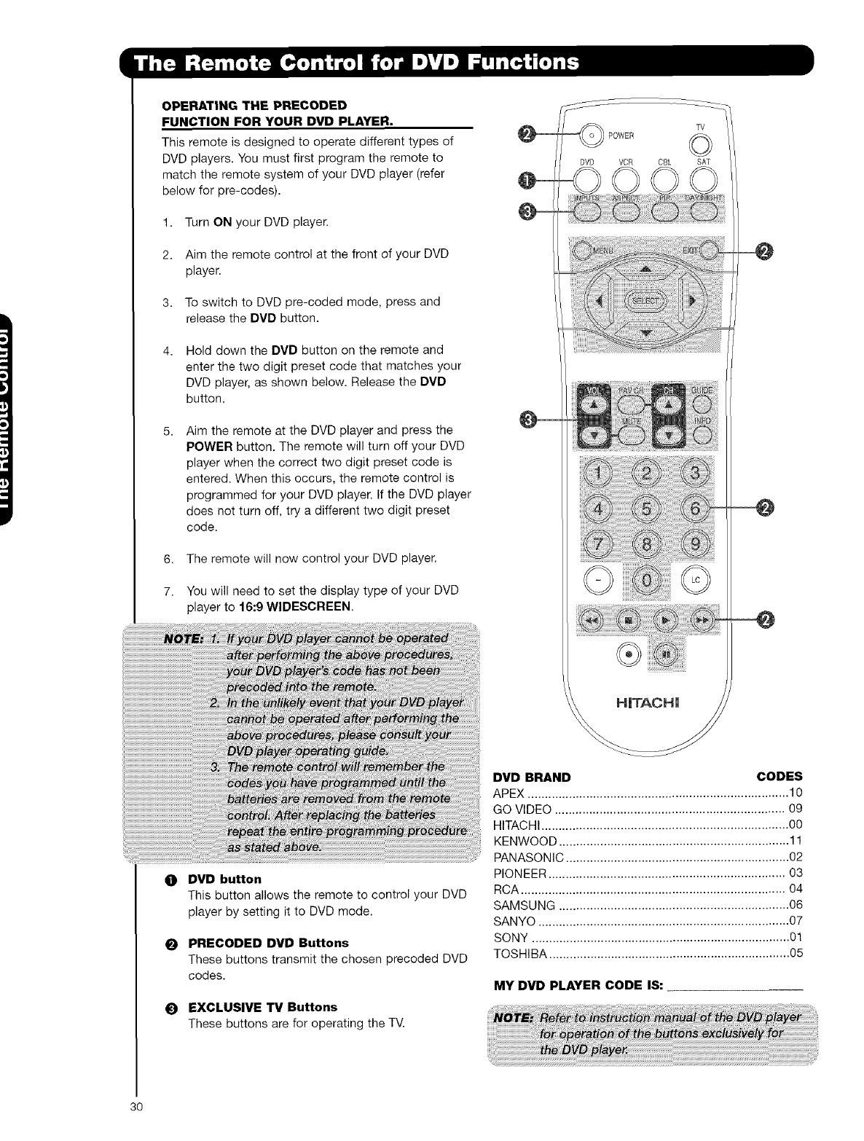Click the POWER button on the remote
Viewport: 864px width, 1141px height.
tap(594, 136)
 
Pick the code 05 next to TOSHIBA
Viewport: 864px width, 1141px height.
tap(796, 954)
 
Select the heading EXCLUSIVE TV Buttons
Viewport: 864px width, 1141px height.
tap(262, 1007)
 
